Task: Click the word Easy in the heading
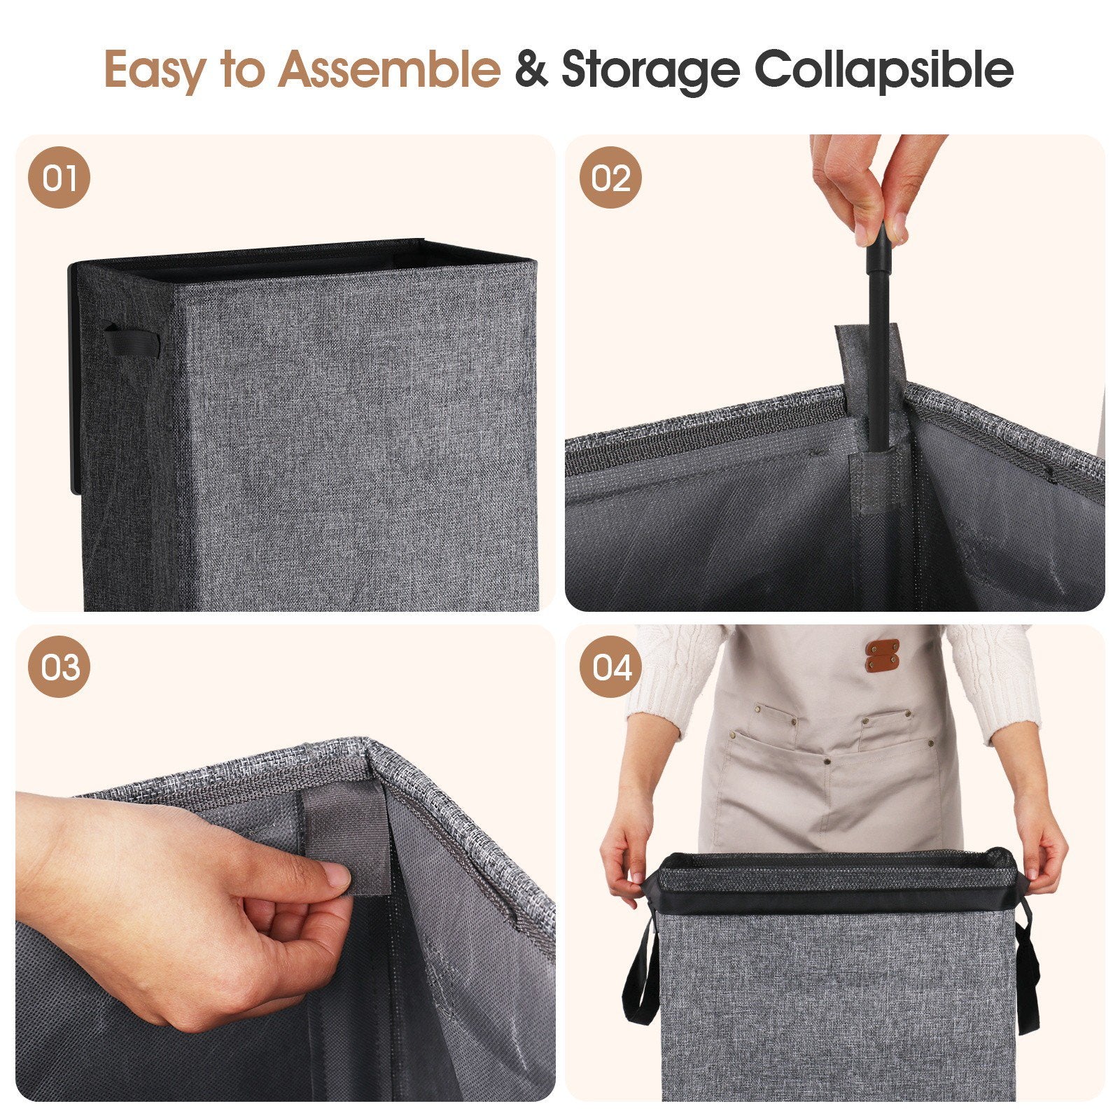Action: [155, 70]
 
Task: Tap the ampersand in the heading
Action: [531, 69]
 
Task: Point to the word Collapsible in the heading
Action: [884, 70]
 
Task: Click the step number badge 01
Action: [59, 177]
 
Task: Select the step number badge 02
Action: [610, 177]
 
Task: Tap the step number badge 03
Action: [59, 666]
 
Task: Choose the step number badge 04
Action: [610, 666]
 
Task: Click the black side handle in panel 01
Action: [132, 339]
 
